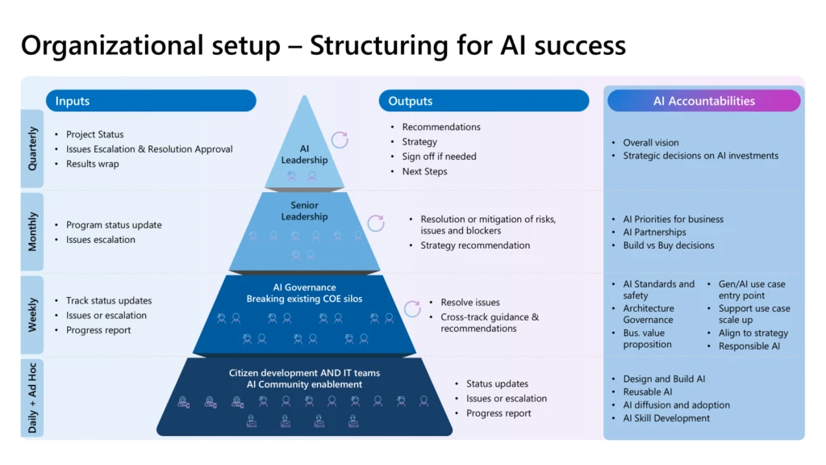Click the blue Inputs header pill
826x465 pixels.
pyautogui.click(x=151, y=101)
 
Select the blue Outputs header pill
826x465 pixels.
pyautogui.click(x=484, y=101)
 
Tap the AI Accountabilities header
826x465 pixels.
pyautogui.click(x=703, y=101)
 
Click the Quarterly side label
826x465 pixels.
pyautogui.click(x=33, y=149)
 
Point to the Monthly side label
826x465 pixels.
pyautogui.click(x=33, y=232)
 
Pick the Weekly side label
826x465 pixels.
pyautogui.click(x=33, y=315)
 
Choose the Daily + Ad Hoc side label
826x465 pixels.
pyautogui.click(x=33, y=397)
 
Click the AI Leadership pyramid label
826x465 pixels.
pyautogui.click(x=304, y=154)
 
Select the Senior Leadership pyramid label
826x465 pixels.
pyautogui.click(x=304, y=211)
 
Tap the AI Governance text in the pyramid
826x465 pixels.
pyautogui.click(x=304, y=287)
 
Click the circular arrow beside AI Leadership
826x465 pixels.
pyautogui.click(x=340, y=140)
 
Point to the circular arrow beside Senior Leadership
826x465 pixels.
pyautogui.click(x=376, y=223)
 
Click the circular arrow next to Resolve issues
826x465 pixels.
pyautogui.click(x=412, y=308)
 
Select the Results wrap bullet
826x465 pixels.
pyautogui.click(x=93, y=164)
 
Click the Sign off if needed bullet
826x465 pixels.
pyautogui.click(x=439, y=157)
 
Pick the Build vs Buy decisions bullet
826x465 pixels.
pyautogui.click(x=668, y=245)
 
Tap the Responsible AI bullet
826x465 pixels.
pyautogui.click(x=749, y=346)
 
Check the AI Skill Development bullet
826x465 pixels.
pyautogui.click(x=666, y=418)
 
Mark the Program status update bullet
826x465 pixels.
pyautogui.click(x=114, y=225)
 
